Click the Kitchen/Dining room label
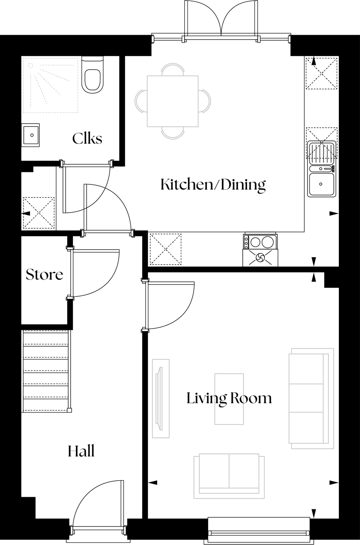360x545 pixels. tap(213, 185)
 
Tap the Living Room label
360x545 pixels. tap(229, 398)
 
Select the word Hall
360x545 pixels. tap(81, 451)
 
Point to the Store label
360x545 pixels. tap(44, 275)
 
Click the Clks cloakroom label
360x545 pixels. tap(87, 139)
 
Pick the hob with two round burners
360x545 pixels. tap(260, 242)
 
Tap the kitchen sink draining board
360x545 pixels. tap(321, 153)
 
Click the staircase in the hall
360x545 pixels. tap(45, 371)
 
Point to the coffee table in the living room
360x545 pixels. tap(229, 398)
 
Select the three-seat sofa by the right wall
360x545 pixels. tap(310, 398)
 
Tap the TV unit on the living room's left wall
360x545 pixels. tap(160, 398)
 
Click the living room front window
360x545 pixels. tap(259, 528)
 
